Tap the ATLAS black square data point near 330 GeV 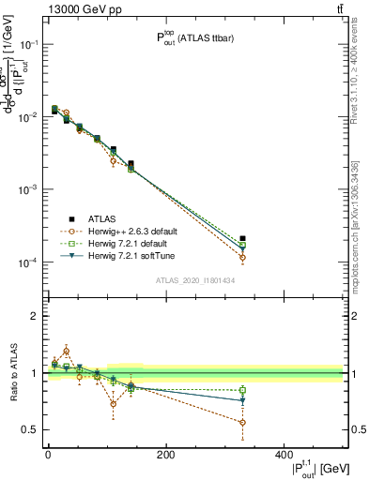click(242, 239)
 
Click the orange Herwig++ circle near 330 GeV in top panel click(242, 258)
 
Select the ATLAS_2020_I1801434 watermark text click(189, 280)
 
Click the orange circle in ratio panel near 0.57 click(242, 422)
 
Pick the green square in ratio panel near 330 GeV click(242, 390)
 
